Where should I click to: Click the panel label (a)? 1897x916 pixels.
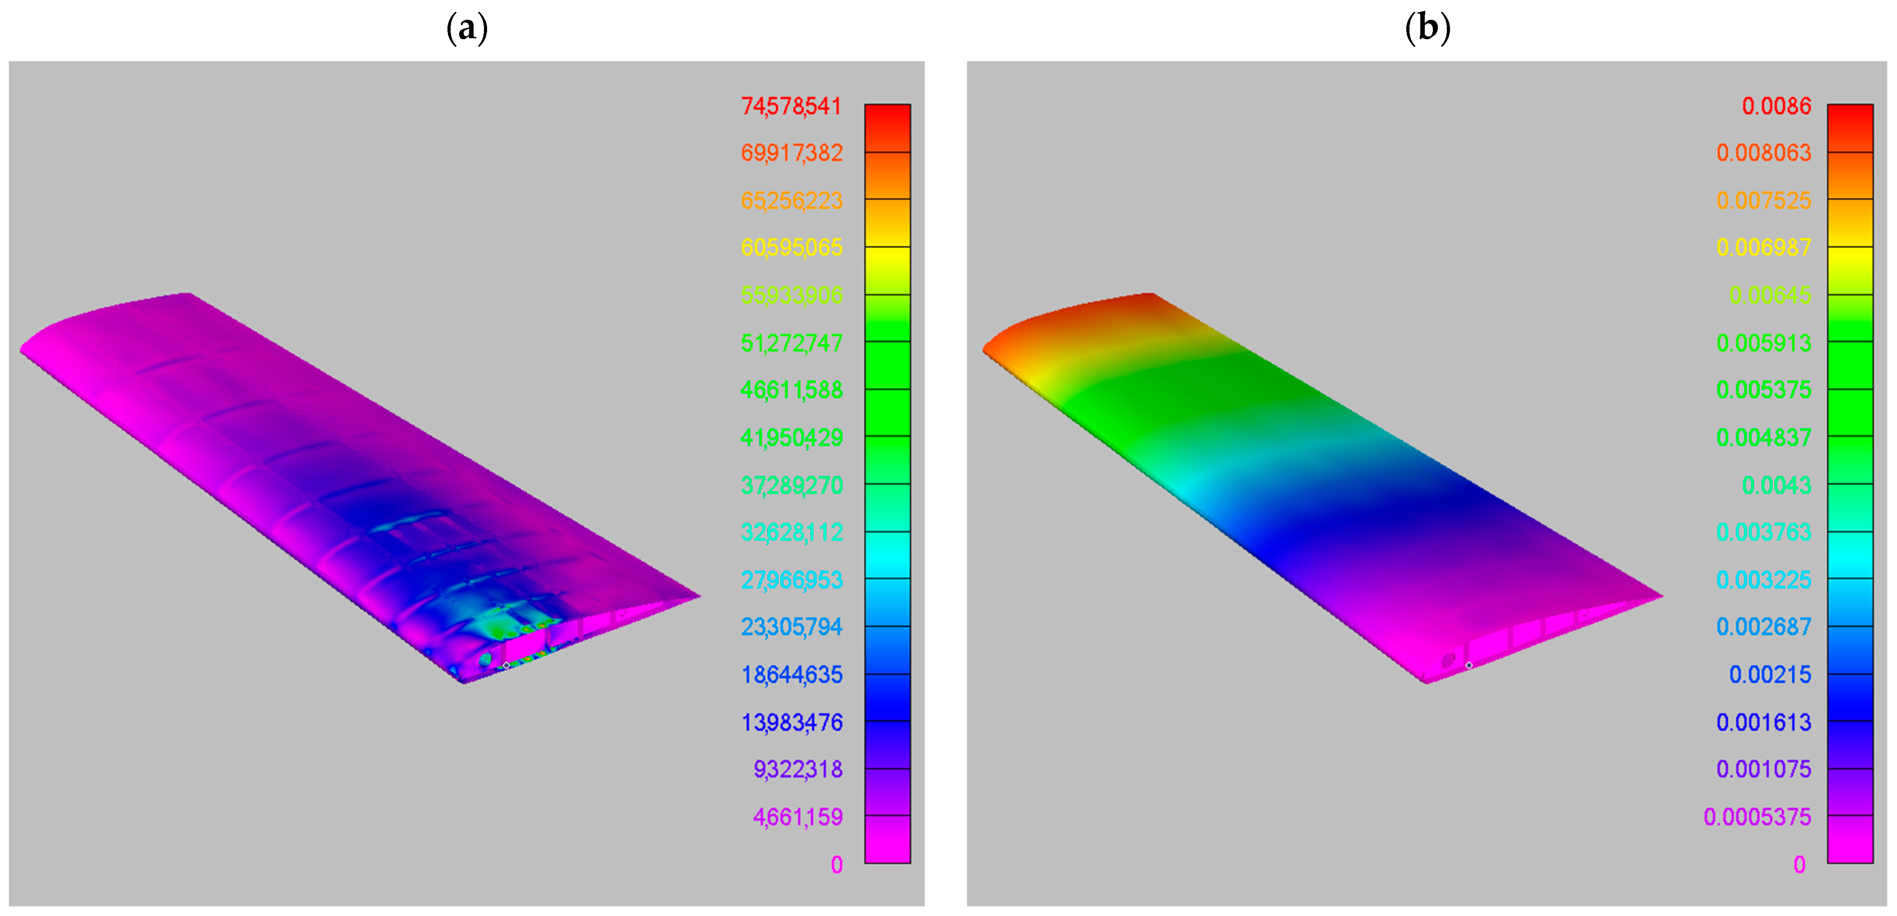(x=467, y=29)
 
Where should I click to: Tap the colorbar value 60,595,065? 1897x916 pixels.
(x=792, y=248)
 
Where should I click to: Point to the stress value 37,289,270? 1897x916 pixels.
(x=792, y=486)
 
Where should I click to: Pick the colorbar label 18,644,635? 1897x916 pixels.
(x=792, y=675)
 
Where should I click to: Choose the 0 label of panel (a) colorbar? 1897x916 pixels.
(x=836, y=865)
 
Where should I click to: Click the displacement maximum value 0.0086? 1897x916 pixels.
(x=1776, y=106)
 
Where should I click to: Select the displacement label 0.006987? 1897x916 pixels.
(x=1764, y=248)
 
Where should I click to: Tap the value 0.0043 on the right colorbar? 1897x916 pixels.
(x=1776, y=486)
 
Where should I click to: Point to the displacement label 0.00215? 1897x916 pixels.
(x=1770, y=675)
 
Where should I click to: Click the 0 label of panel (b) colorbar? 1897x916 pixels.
(x=1799, y=865)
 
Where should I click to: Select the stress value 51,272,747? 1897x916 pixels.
(x=792, y=343)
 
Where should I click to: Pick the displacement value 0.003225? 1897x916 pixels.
(x=1764, y=580)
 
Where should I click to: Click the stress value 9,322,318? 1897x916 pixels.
(x=798, y=770)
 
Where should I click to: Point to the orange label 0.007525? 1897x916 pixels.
(x=1764, y=201)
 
